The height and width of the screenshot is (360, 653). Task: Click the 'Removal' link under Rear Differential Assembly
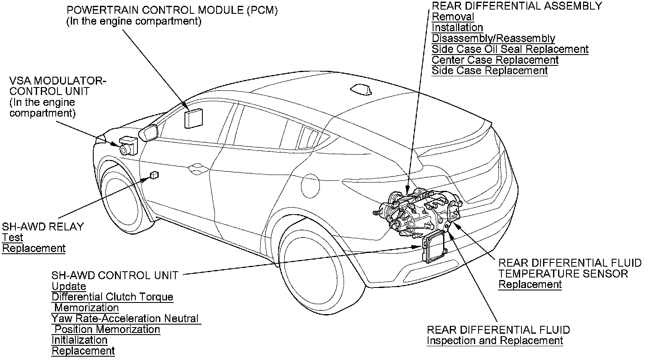[x=453, y=17]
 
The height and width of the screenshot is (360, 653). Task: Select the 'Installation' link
[x=457, y=27]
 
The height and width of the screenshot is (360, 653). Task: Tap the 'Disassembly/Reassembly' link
[x=493, y=38]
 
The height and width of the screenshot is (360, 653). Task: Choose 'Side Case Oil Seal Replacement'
[x=510, y=49]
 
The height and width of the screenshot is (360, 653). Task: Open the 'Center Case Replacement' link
[x=495, y=60]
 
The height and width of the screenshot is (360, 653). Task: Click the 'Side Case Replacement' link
[x=490, y=70]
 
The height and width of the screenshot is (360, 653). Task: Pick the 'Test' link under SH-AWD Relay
[x=12, y=237]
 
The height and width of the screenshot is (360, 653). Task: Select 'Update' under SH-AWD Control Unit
[x=69, y=286]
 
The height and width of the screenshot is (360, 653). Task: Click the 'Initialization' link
[x=79, y=340]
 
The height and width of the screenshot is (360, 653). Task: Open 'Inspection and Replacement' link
[x=495, y=341]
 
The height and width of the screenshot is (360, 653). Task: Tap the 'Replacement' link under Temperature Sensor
[x=530, y=285]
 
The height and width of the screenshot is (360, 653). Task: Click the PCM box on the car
[x=194, y=118]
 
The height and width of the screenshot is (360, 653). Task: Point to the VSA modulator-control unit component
[x=128, y=145]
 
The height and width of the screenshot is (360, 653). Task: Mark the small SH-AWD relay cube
[x=154, y=175]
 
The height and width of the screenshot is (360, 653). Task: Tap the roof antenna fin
[x=361, y=90]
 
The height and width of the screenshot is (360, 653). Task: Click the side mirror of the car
[x=148, y=133]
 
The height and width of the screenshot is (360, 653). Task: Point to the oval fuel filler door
[x=311, y=185]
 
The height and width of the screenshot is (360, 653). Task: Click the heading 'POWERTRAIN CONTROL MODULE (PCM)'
[x=172, y=10]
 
